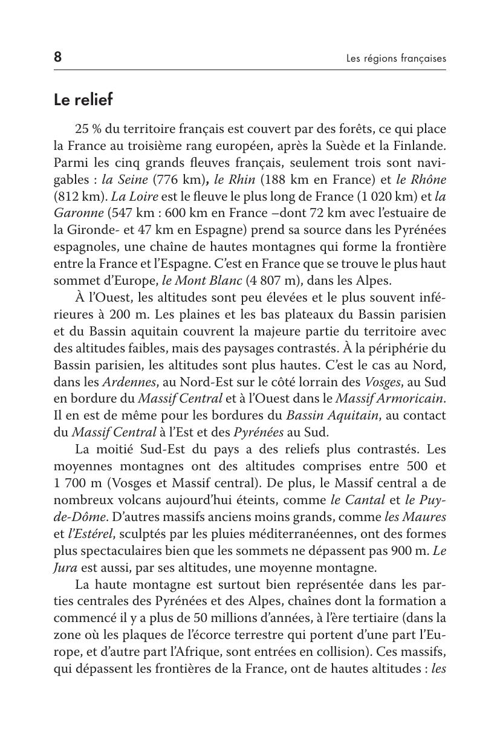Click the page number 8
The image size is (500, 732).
coord(57,57)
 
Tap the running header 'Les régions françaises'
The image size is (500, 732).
coord(396,59)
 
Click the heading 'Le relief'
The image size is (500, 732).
coord(83,100)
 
